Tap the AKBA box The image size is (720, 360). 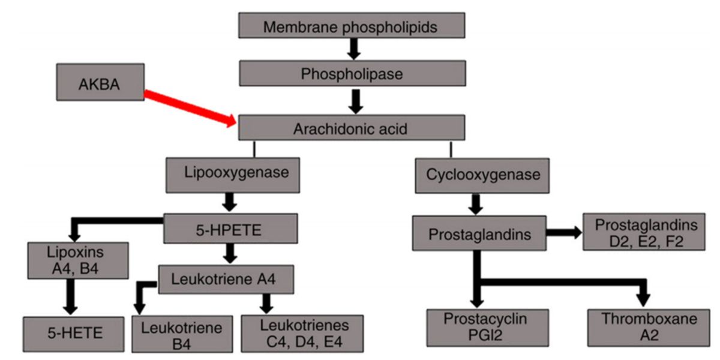coord(99,83)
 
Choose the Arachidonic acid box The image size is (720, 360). coord(351,128)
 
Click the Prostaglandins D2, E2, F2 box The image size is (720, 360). coord(646,233)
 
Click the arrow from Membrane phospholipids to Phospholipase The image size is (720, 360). coord(354,49)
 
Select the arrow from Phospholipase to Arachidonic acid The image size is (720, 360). coord(356,101)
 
